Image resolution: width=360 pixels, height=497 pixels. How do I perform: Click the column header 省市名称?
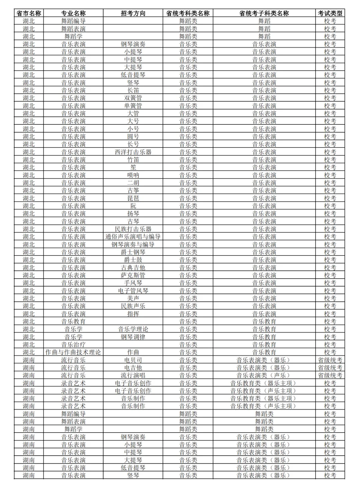(29, 13)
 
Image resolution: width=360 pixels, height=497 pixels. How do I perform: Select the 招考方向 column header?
(133, 13)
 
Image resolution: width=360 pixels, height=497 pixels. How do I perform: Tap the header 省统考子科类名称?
(264, 13)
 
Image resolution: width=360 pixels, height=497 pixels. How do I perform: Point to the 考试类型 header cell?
(330, 13)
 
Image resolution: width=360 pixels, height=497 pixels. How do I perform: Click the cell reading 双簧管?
(133, 98)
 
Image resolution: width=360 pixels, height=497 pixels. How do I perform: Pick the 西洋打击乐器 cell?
(133, 152)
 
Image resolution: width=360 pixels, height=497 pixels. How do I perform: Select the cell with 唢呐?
(133, 175)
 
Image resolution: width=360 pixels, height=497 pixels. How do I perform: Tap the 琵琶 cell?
(133, 198)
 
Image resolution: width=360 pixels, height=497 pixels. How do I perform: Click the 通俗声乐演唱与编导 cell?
(133, 237)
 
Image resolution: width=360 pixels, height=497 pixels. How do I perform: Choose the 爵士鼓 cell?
(133, 260)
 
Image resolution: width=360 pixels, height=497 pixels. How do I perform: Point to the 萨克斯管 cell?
(133, 275)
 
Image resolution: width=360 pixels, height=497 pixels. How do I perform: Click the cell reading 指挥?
(133, 314)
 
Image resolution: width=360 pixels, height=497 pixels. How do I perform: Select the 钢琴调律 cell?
(133, 337)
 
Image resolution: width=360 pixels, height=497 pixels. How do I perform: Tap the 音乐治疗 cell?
(73, 345)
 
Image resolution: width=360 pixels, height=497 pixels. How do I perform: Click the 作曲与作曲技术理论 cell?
(73, 352)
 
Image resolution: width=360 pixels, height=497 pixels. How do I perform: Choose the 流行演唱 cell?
(133, 375)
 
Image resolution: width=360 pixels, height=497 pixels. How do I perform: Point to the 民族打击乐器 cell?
(133, 229)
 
